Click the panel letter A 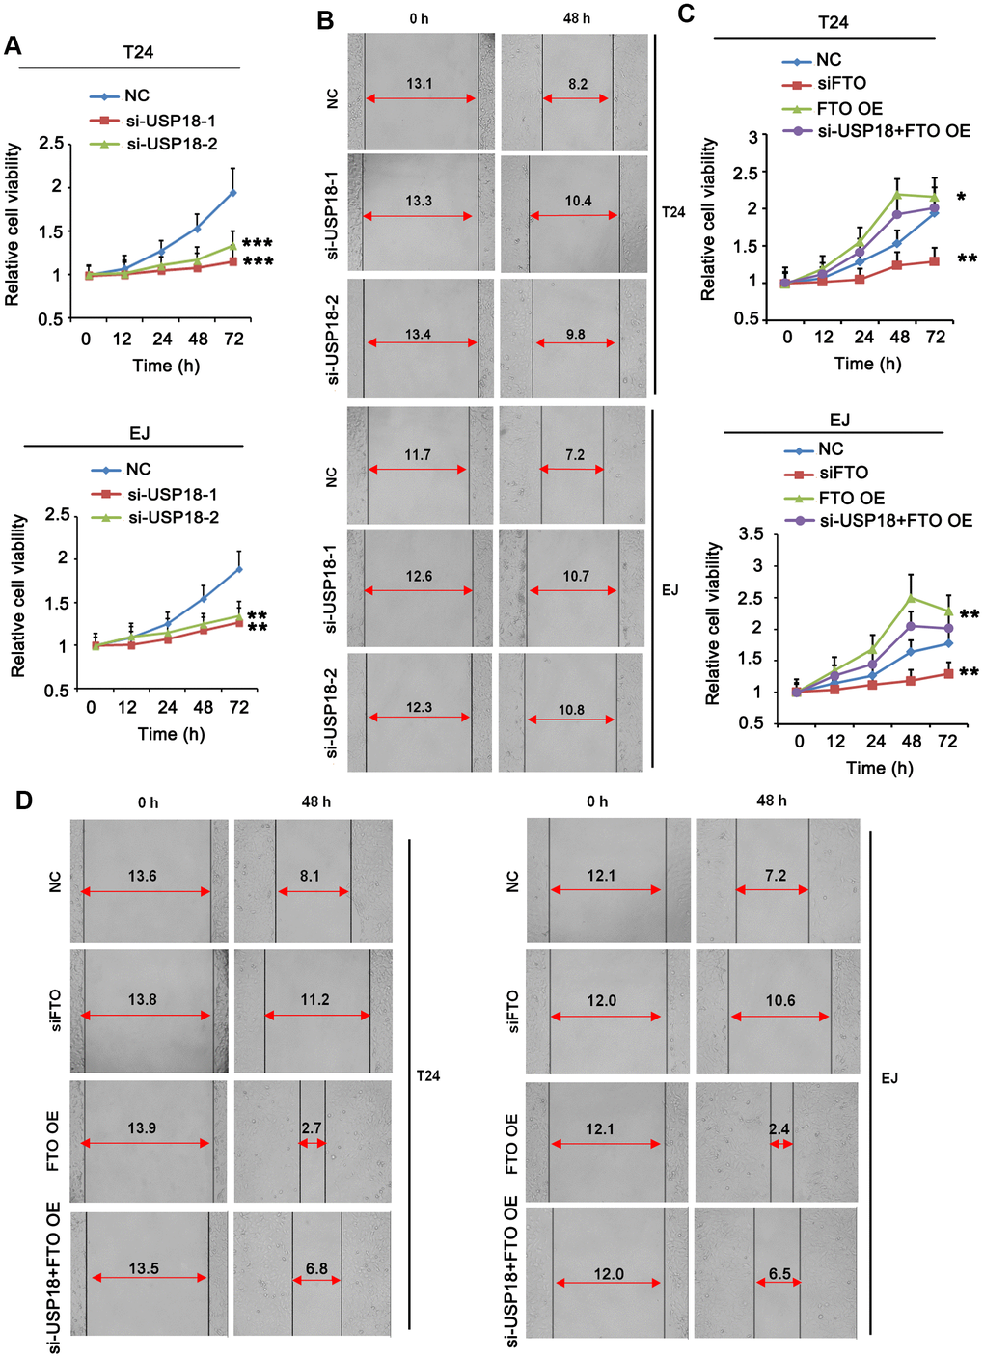(13, 45)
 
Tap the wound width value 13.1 (419, 84)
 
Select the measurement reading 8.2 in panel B (578, 84)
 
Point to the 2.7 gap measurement (312, 1127)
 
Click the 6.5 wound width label (779, 1273)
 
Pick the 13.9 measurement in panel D (142, 1127)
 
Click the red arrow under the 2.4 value (780, 1144)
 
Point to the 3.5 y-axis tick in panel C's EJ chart (752, 533)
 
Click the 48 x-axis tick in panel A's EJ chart (203, 707)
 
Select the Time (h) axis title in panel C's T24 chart (867, 364)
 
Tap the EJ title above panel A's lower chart (139, 433)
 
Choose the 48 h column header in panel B (577, 18)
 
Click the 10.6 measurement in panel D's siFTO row (780, 1000)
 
